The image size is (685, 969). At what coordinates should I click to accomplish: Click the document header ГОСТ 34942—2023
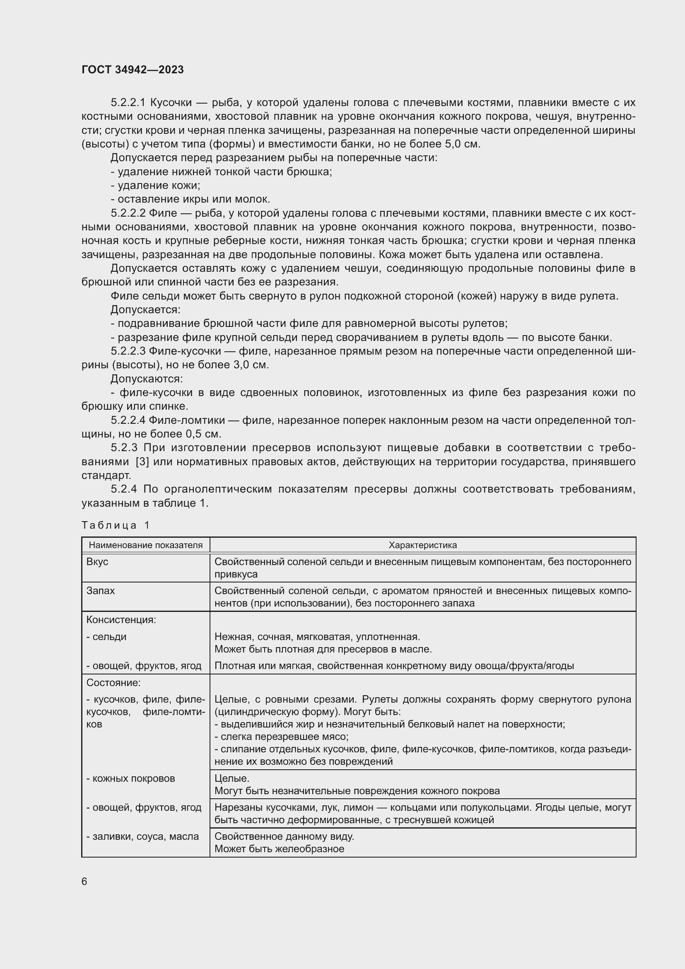click(x=133, y=70)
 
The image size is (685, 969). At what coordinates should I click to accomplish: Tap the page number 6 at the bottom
click(x=84, y=881)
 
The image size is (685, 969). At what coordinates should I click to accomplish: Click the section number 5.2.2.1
click(x=128, y=103)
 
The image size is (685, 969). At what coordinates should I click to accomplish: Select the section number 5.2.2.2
click(x=128, y=213)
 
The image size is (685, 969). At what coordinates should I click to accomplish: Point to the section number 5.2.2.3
click(x=128, y=351)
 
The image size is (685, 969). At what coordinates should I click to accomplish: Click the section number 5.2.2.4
click(x=128, y=420)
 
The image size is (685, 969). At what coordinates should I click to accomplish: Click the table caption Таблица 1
click(x=116, y=525)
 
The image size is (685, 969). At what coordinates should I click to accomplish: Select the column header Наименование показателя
click(x=145, y=545)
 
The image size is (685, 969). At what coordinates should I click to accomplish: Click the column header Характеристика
click(x=423, y=545)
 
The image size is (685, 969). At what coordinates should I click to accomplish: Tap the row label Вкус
click(x=97, y=562)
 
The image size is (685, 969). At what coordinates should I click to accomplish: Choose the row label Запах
click(x=100, y=590)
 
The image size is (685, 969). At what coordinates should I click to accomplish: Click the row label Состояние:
click(x=113, y=682)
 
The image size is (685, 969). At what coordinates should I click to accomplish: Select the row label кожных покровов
click(x=131, y=778)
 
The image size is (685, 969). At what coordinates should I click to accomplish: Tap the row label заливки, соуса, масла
click(x=142, y=836)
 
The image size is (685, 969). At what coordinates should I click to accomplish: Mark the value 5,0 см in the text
click(x=462, y=144)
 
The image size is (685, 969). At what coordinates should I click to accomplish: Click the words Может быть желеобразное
click(x=279, y=849)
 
